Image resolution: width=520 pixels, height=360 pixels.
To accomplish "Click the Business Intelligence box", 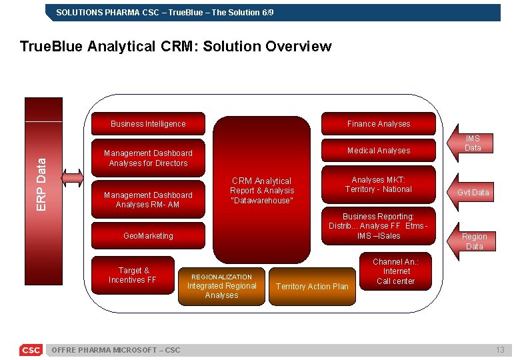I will (148, 123).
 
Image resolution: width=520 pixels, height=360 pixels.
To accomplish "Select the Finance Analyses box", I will (378, 123).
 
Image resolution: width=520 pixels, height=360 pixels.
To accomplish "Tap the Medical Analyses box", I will (378, 150).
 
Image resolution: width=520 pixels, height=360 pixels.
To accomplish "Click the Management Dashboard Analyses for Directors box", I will (148, 158).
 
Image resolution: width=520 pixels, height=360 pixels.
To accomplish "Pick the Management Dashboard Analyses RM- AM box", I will (148, 199).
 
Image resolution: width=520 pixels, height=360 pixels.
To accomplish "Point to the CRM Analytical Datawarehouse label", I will (261, 191).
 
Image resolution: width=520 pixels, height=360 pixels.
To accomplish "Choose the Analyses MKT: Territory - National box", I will (378, 185).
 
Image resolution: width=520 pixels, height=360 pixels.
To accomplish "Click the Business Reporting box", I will (378, 226).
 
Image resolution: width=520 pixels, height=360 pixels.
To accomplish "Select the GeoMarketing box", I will (148, 235).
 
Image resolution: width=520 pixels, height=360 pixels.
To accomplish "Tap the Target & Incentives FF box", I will (132, 275).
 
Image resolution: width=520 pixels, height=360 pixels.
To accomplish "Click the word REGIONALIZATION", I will (221, 277).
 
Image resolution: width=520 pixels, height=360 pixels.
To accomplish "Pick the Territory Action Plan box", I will (311, 286).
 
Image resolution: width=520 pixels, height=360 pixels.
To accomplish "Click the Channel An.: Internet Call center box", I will (396, 271).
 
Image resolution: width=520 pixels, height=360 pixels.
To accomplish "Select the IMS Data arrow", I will (471, 143).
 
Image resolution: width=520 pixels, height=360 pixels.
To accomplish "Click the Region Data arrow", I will (473, 241).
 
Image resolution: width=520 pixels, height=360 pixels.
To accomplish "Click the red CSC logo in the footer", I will (31, 350).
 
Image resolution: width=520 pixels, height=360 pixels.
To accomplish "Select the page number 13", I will (500, 350).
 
